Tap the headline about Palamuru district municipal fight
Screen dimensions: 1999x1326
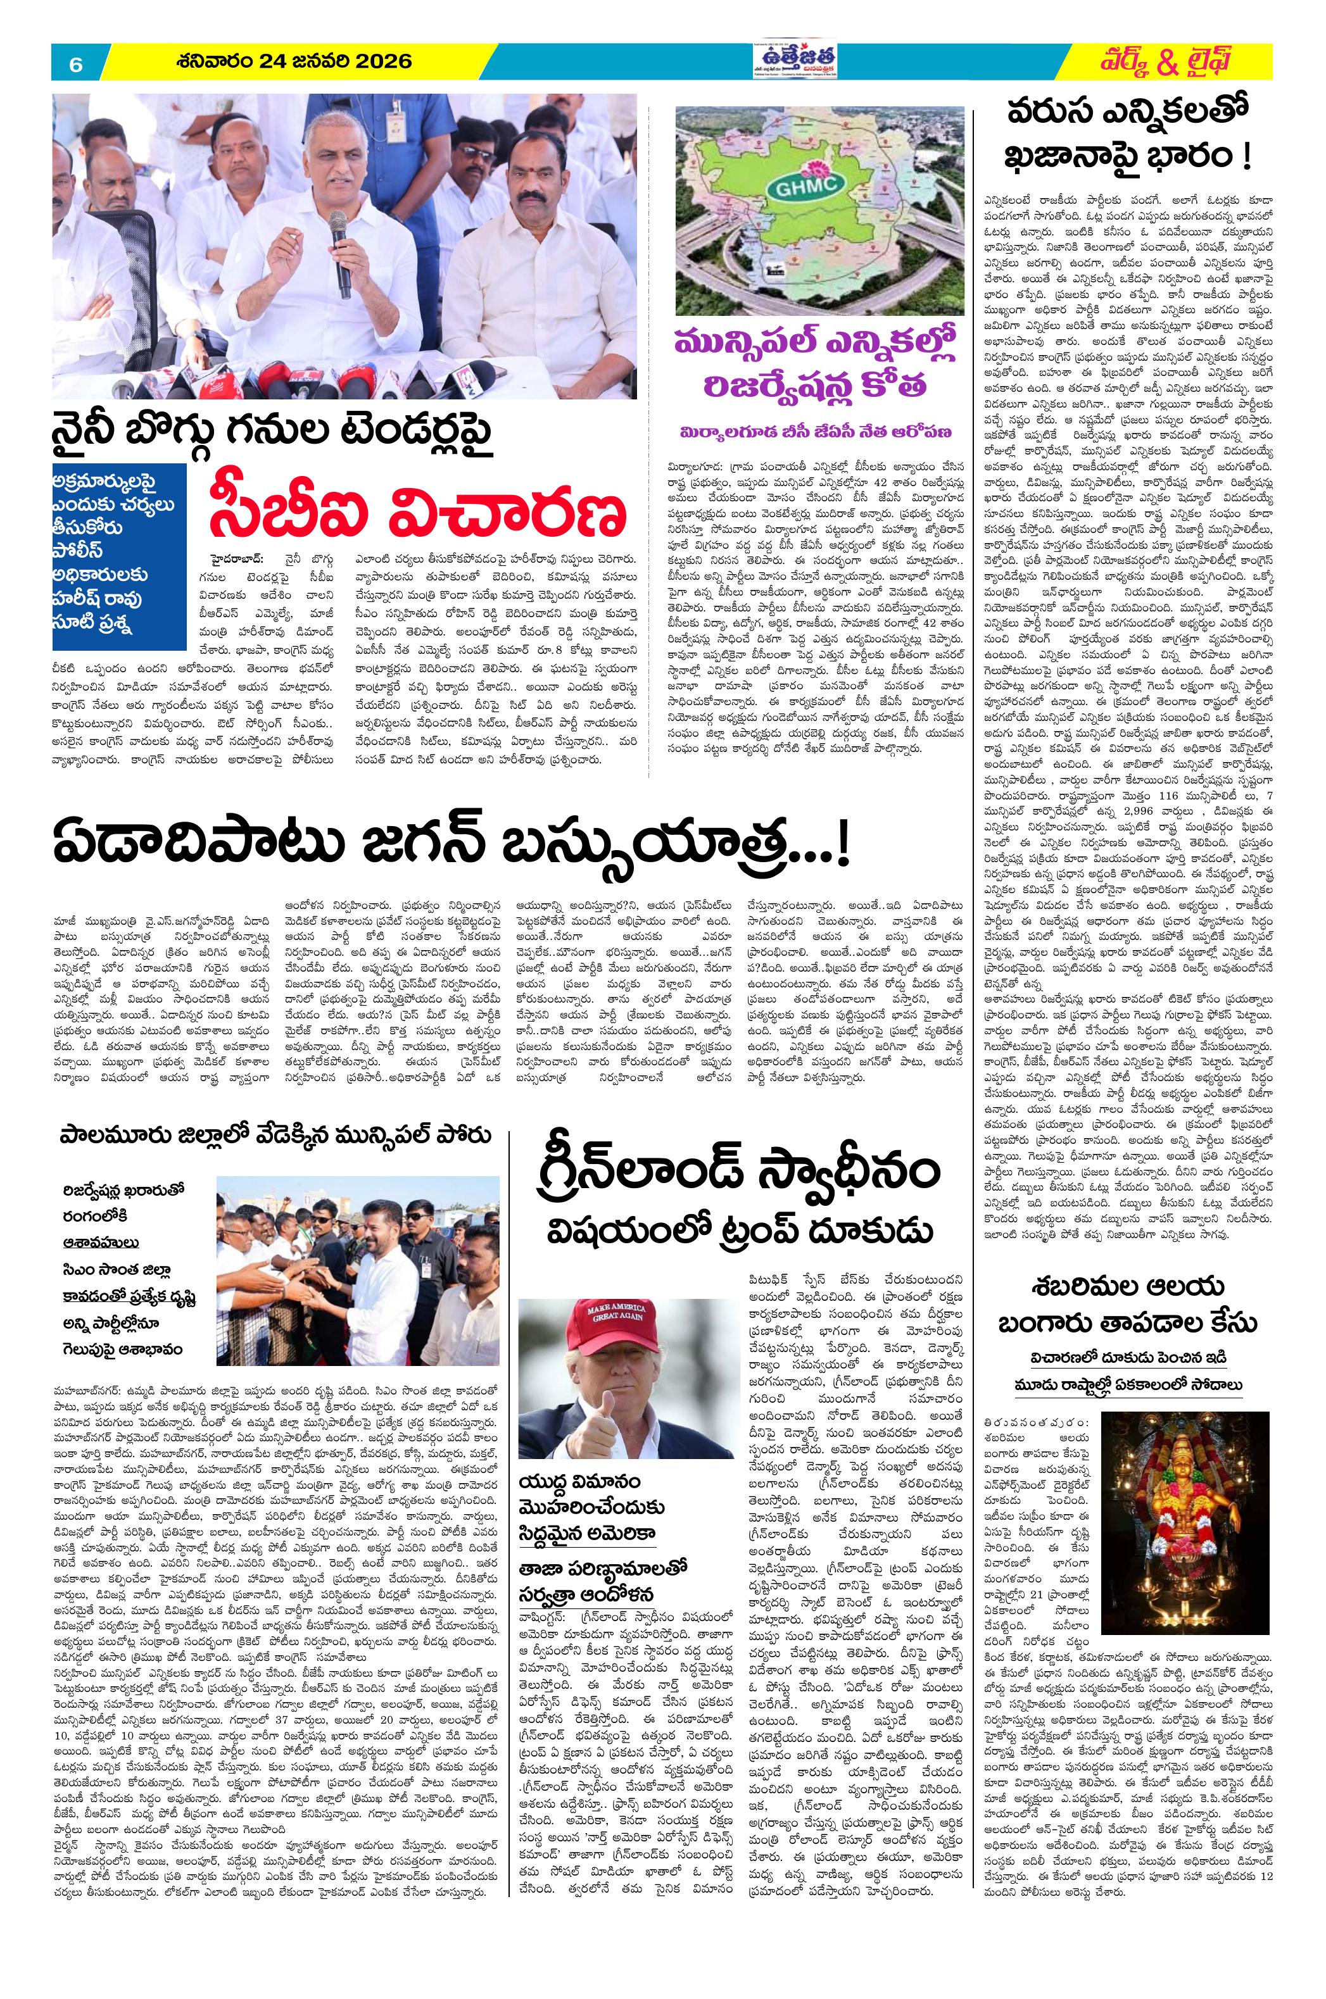pyautogui.click(x=275, y=1134)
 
